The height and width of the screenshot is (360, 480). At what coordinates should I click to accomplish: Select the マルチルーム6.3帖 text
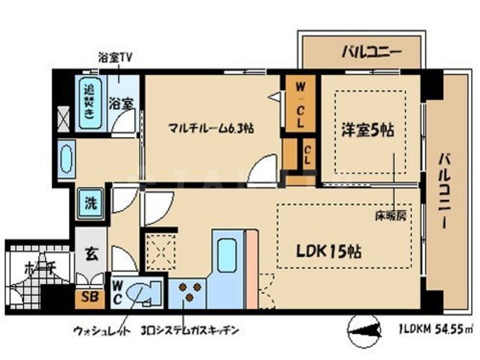210,128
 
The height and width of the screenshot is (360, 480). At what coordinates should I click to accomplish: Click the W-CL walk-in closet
299,105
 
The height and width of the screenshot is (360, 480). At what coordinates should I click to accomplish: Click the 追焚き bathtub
88,103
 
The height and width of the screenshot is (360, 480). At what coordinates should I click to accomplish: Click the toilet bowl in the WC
143,292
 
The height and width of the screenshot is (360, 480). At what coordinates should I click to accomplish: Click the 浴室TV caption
115,57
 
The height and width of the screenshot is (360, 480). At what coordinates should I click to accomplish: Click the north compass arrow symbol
366,328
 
